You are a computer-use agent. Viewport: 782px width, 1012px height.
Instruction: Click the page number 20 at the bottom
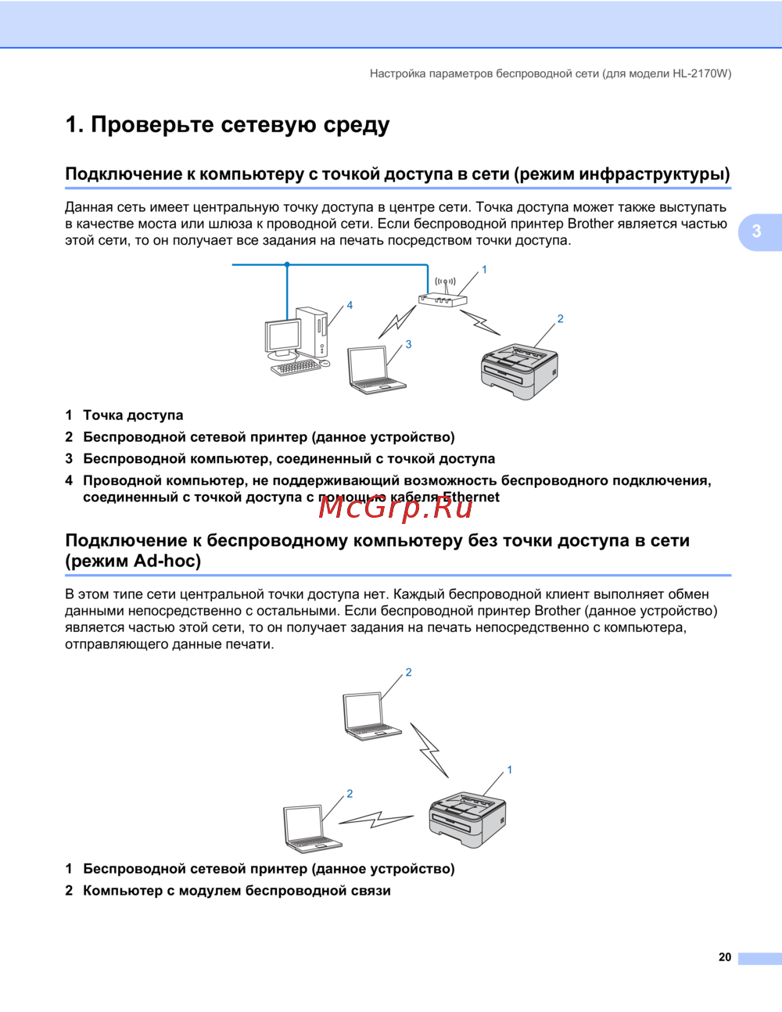(725, 957)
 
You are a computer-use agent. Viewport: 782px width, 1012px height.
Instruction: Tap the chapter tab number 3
(756, 231)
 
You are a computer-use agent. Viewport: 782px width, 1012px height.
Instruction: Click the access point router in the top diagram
(442, 298)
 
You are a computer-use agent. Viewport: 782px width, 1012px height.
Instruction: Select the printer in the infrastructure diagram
(519, 368)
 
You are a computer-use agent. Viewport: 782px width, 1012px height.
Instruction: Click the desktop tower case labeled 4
(311, 332)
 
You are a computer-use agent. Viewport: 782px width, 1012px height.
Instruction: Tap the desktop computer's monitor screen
(283, 337)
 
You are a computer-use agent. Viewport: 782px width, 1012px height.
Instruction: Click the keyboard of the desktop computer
(296, 367)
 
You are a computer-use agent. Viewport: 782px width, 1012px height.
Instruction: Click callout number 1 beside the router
(484, 270)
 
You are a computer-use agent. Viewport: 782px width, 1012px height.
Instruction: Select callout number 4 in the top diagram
(350, 305)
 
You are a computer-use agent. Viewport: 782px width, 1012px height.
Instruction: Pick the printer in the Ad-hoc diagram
(468, 818)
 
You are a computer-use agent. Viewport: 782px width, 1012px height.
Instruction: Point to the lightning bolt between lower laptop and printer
(376, 820)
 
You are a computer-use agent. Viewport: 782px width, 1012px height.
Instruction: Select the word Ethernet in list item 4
(471, 497)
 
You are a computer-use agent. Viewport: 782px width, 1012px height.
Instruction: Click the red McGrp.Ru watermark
(396, 508)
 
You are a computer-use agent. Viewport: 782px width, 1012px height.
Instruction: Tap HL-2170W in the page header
(701, 74)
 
